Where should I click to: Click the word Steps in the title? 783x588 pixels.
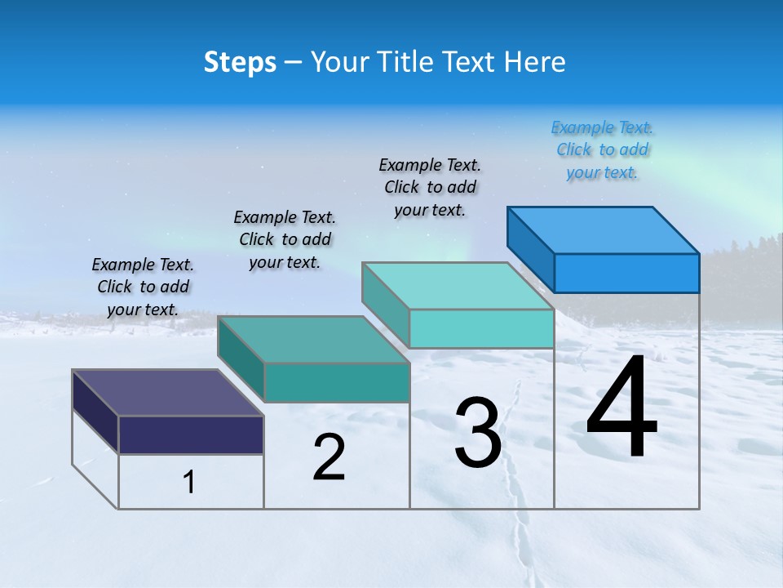click(x=240, y=62)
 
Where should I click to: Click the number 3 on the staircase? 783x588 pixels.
click(x=477, y=433)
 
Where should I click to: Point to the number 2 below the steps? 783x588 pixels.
click(x=329, y=457)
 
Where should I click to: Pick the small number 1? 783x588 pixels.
click(x=189, y=483)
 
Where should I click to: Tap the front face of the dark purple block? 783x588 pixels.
click(x=191, y=434)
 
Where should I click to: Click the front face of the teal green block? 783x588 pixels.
click(x=336, y=382)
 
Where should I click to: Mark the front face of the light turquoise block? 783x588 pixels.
click(x=481, y=328)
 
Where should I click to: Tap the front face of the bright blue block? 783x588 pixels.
click(x=626, y=273)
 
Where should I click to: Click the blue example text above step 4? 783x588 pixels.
click(x=602, y=150)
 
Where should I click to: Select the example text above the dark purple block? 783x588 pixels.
click(x=143, y=287)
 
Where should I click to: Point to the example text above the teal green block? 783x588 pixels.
click(x=285, y=239)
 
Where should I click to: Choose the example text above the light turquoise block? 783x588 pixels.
click(x=430, y=187)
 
